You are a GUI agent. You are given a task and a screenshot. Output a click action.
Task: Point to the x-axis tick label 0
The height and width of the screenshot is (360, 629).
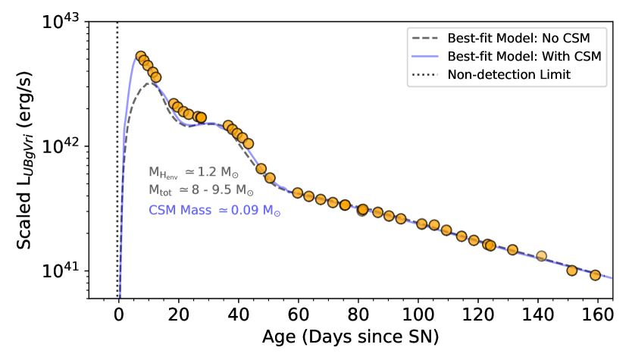point(118,314)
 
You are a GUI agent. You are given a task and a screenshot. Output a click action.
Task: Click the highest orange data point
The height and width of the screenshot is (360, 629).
point(140,56)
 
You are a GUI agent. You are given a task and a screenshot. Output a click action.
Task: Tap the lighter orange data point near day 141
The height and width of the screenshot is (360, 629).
point(541,256)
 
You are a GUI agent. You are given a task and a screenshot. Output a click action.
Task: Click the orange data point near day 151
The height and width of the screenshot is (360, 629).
point(571,270)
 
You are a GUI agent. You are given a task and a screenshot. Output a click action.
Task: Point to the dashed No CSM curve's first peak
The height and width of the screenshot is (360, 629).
point(152,83)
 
